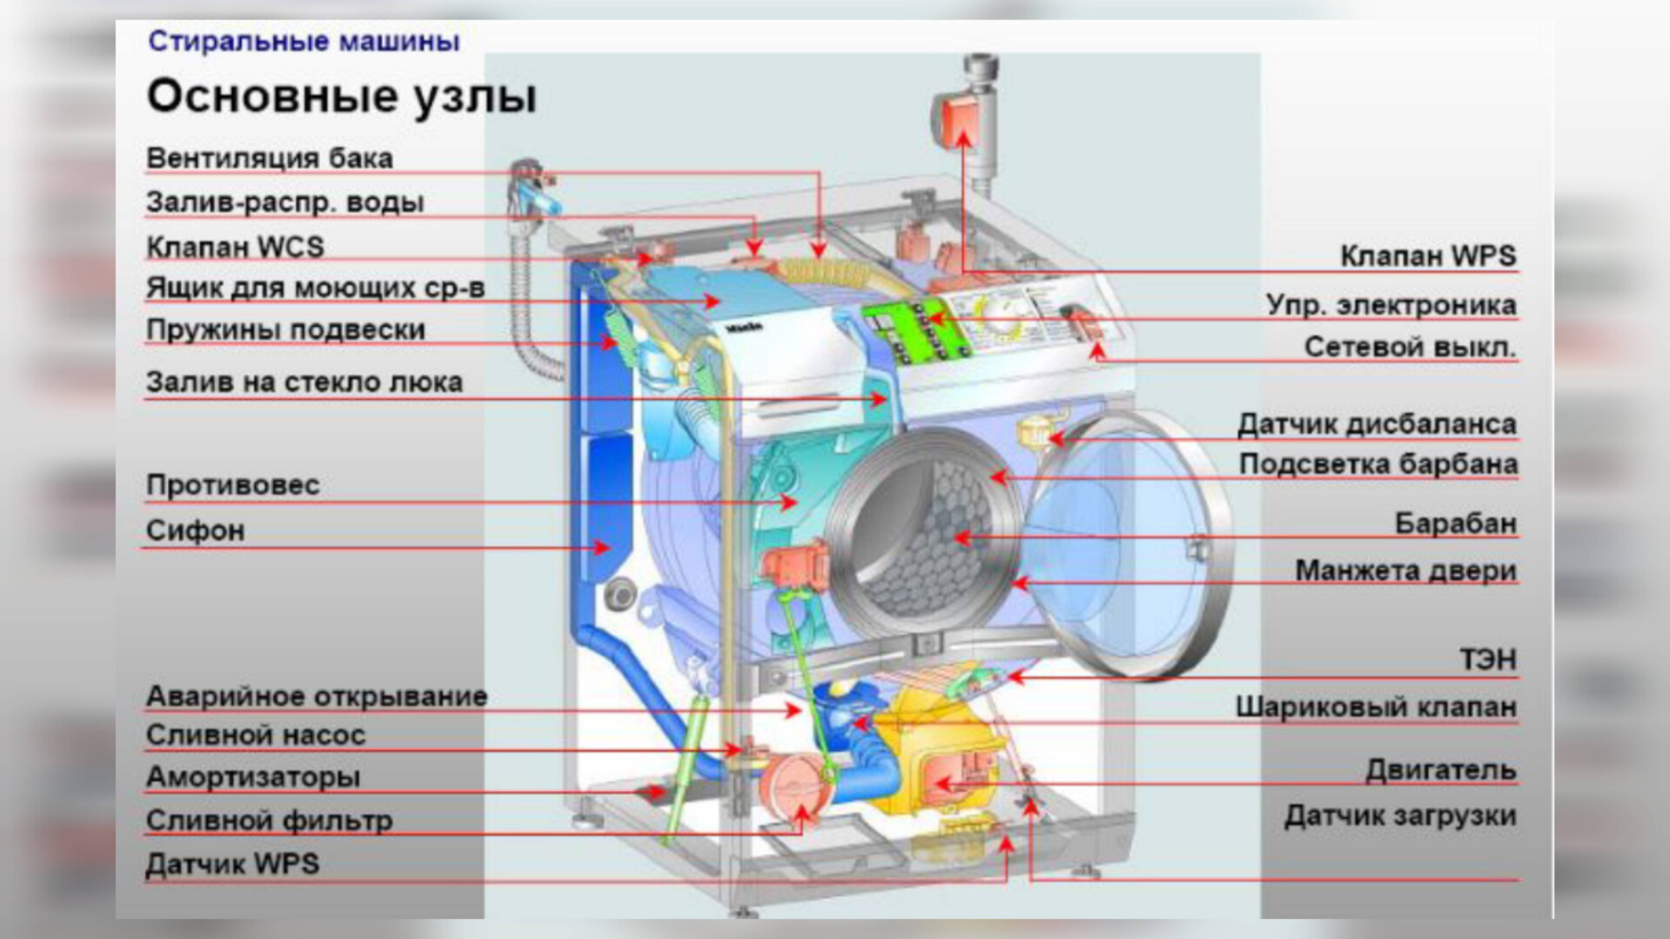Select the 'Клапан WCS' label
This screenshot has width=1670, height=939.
coord(235,248)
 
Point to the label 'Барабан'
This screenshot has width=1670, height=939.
coord(1455,524)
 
